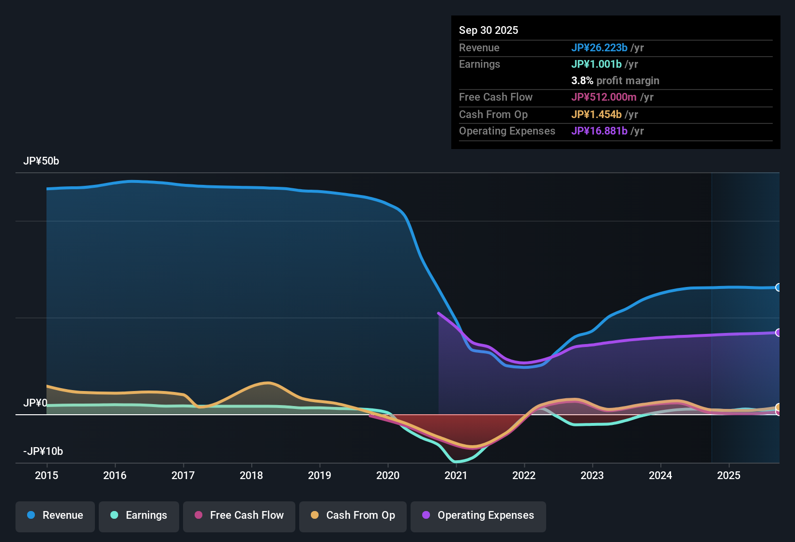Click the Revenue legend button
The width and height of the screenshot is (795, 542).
[55, 515]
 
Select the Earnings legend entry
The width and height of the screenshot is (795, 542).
[139, 515]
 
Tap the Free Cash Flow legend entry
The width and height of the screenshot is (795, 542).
[239, 515]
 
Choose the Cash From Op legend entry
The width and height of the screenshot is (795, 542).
[353, 515]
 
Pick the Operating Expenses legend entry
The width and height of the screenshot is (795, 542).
[478, 515]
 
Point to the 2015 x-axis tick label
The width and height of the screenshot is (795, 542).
[46, 476]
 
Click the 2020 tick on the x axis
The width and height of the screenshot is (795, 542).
[388, 476]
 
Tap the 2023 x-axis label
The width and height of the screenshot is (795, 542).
[592, 476]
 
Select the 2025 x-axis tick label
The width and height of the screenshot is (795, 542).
[729, 476]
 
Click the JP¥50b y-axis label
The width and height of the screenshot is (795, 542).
[41, 161]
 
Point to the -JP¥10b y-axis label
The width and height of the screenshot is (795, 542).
[43, 452]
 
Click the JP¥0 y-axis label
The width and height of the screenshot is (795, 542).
[35, 403]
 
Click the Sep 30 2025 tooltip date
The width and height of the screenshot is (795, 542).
[489, 30]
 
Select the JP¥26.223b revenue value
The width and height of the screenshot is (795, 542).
[599, 48]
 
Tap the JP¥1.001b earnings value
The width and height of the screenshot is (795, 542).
[596, 64]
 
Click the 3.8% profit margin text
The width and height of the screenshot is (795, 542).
[615, 81]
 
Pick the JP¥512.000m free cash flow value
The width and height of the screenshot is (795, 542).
[604, 97]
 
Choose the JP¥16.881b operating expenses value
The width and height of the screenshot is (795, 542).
[599, 131]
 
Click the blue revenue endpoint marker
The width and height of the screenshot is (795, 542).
[778, 287]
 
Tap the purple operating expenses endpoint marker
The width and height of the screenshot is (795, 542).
[778, 332]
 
